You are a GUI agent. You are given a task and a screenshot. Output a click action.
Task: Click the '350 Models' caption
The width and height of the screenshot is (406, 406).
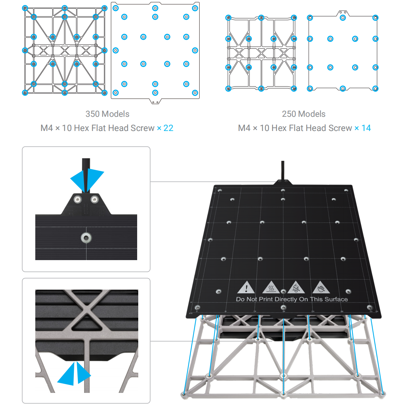107,114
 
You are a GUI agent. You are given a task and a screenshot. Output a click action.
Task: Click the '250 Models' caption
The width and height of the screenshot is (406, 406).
303,114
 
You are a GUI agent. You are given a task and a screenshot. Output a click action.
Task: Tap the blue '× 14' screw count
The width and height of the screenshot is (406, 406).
362,128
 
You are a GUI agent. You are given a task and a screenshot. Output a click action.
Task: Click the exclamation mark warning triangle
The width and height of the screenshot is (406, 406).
246,287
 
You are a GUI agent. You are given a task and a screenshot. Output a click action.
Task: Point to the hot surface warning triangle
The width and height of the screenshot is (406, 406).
271,287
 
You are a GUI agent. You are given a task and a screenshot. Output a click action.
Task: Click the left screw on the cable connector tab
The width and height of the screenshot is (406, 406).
77,199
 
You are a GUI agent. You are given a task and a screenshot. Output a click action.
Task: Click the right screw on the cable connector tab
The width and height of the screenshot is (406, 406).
95,199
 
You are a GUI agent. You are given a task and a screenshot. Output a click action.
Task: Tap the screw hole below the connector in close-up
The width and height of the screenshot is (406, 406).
86,238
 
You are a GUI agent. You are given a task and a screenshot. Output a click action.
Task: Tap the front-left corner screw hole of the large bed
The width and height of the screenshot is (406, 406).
198,308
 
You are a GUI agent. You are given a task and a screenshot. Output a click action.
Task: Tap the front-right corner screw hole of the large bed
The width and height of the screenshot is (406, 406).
370,308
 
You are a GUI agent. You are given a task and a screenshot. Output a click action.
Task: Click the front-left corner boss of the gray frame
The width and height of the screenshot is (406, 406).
184,394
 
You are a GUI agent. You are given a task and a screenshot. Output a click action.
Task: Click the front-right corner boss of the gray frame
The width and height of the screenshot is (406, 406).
382,393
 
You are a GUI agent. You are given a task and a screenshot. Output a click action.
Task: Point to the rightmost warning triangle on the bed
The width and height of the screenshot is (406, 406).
321,287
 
